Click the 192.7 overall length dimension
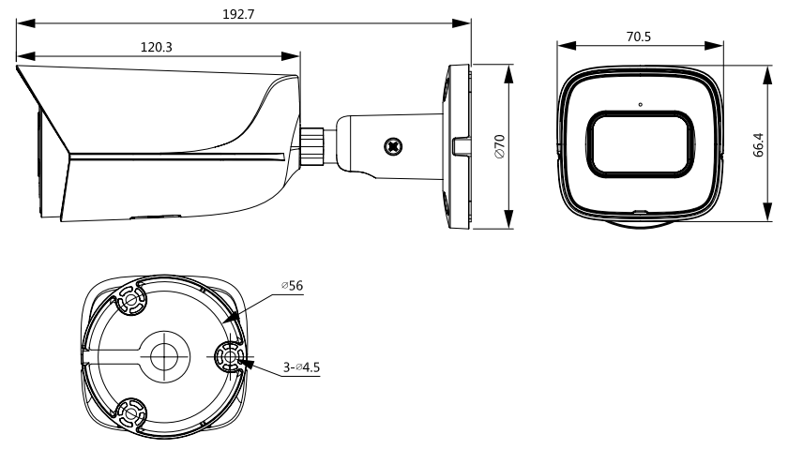click(238, 14)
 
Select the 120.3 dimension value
click(157, 47)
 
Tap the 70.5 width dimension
click(639, 37)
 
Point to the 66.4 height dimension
click(759, 144)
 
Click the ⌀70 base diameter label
click(499, 146)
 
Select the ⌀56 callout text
click(292, 286)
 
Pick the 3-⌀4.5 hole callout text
click(302, 367)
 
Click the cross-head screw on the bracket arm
click(393, 147)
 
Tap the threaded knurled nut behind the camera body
click(311, 146)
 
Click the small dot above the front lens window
click(640, 104)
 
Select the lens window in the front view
click(640, 144)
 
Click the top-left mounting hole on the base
click(131, 299)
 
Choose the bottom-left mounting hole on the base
click(130, 413)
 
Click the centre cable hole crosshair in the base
click(164, 356)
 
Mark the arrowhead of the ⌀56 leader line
click(232, 316)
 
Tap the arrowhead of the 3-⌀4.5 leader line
click(246, 363)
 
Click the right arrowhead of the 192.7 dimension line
click(462, 23)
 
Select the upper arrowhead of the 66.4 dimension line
click(766, 75)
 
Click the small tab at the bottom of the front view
click(640, 211)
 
